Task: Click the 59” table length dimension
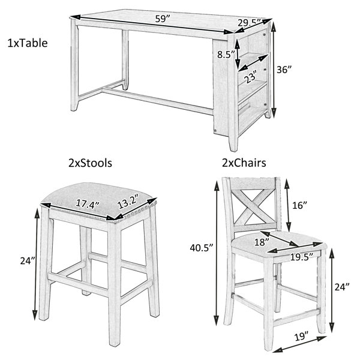[163, 19]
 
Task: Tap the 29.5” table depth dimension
[249, 23]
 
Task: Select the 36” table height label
[284, 70]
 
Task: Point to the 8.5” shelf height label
[226, 55]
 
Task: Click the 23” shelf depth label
[250, 76]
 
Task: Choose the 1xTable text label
[28, 43]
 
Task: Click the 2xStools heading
[90, 163]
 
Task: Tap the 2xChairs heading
[244, 163]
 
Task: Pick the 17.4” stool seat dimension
[88, 203]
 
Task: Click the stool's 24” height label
[28, 260]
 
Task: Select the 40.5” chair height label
[202, 248]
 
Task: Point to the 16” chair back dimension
[300, 205]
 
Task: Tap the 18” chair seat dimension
[262, 242]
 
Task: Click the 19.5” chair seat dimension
[302, 257]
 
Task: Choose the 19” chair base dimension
[301, 337]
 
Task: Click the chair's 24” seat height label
[342, 287]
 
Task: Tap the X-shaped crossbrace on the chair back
[253, 205]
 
